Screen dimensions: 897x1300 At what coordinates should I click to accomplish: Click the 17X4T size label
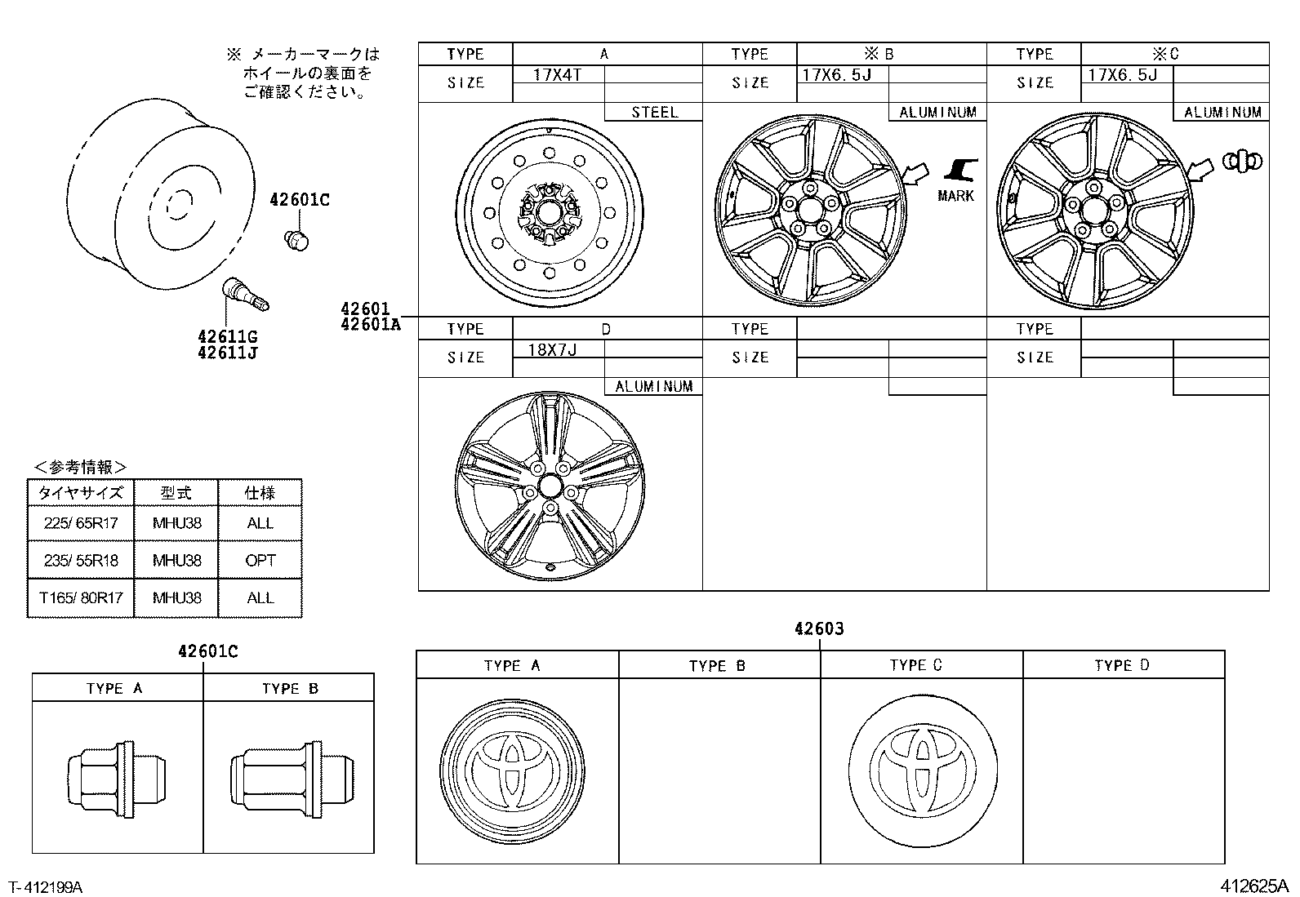pos(558,74)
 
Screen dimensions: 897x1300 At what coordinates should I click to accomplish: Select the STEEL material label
pos(654,113)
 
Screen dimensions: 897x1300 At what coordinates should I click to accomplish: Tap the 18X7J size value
pos(552,349)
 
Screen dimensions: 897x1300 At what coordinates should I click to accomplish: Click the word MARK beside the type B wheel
pos(955,196)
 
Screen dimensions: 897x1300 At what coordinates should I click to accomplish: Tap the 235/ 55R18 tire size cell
pos(80,560)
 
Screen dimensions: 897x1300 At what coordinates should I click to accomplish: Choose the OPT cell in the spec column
pos(260,560)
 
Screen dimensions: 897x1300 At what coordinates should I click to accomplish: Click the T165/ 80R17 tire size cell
pos(80,597)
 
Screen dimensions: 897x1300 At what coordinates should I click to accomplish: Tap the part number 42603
pos(819,628)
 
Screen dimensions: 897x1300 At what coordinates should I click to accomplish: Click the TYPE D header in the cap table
pos(1122,665)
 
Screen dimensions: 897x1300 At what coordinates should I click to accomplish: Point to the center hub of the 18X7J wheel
pos(550,486)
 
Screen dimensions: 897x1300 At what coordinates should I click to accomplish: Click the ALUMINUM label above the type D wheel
pos(653,387)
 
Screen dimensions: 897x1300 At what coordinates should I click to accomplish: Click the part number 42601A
pos(371,324)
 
